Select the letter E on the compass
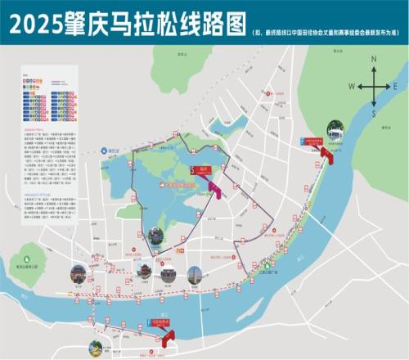click(395, 86)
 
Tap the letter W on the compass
click(350, 86)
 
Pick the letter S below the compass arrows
click(373, 114)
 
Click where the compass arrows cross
click(374, 86)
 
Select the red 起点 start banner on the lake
click(200, 170)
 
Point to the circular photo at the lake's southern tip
click(155, 236)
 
